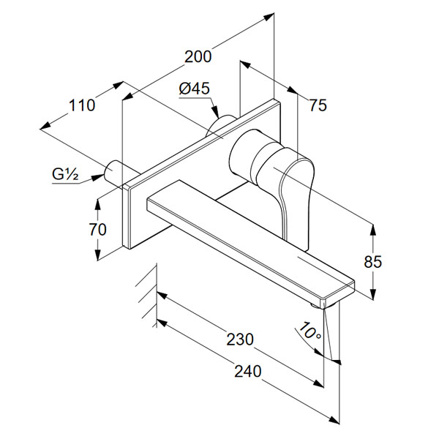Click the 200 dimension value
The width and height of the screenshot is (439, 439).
198,56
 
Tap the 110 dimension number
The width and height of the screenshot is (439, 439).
83,105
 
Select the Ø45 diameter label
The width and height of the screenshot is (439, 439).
195,89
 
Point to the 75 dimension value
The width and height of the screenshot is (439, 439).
317,105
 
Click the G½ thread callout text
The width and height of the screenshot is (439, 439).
65,174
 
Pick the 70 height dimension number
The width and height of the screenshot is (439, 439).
97,229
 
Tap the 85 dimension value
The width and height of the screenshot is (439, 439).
372,260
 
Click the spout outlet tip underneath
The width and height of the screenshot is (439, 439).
323,301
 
